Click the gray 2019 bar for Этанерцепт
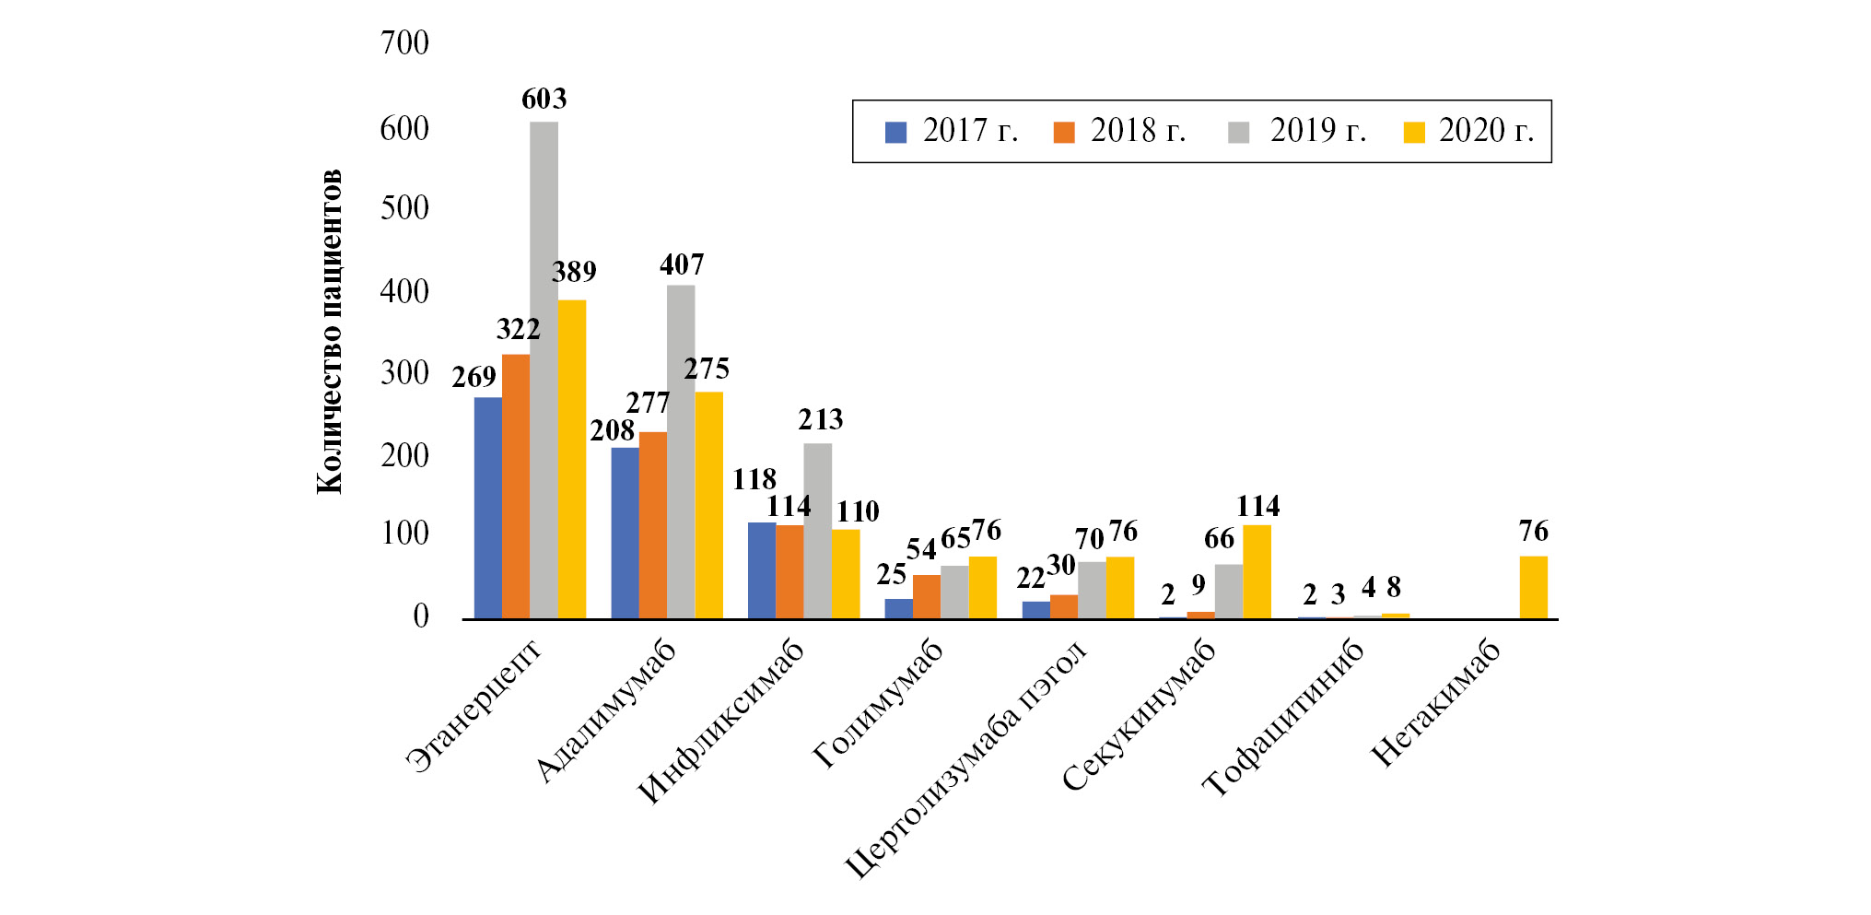pos(544,369)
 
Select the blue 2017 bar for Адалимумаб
pos(625,533)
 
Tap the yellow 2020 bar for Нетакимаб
pos(1533,587)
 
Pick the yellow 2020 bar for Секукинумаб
pos(1257,571)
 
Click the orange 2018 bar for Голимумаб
pos(926,596)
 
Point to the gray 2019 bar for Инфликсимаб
pos(817,530)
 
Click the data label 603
pos(544,99)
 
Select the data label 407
pos(682,265)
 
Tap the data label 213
pos(820,420)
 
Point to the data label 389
pos(574,272)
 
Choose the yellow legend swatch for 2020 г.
pos(1413,133)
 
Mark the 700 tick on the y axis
pos(404,42)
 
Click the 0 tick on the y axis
pos(421,616)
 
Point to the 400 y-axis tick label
pos(404,292)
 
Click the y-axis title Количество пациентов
pos(329,332)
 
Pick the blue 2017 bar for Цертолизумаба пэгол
pos(1035,609)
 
